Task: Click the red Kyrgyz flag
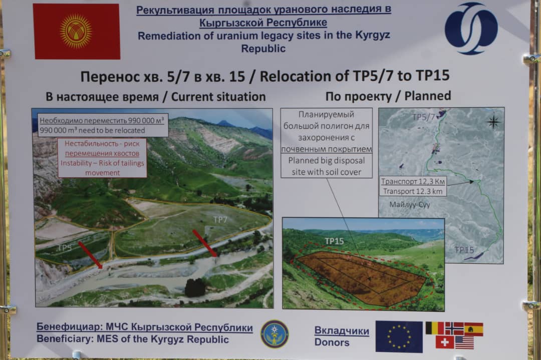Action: pyautogui.click(x=77, y=32)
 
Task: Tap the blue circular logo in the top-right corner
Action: pyautogui.click(x=471, y=28)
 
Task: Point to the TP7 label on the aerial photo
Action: pyautogui.click(x=220, y=220)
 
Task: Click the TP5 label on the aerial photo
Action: pyautogui.click(x=65, y=247)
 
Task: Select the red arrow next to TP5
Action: pyautogui.click(x=90, y=255)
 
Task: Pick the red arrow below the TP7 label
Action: pyautogui.click(x=205, y=243)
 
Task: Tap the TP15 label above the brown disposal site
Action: pyautogui.click(x=334, y=241)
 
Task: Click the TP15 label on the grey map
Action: pyautogui.click(x=464, y=250)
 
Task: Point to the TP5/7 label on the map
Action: pyautogui.click(x=424, y=117)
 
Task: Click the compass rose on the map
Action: pyautogui.click(x=493, y=122)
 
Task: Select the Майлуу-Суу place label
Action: pyautogui.click(x=410, y=204)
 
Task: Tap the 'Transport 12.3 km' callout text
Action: pyautogui.click(x=413, y=191)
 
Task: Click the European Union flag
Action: pyautogui.click(x=399, y=336)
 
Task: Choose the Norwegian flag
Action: pyautogui.click(x=454, y=328)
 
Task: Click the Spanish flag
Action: pyautogui.click(x=473, y=329)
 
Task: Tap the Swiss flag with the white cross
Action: pyautogui.click(x=445, y=342)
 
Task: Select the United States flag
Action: pyautogui.click(x=464, y=343)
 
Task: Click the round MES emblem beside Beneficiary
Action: pyautogui.click(x=275, y=334)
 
